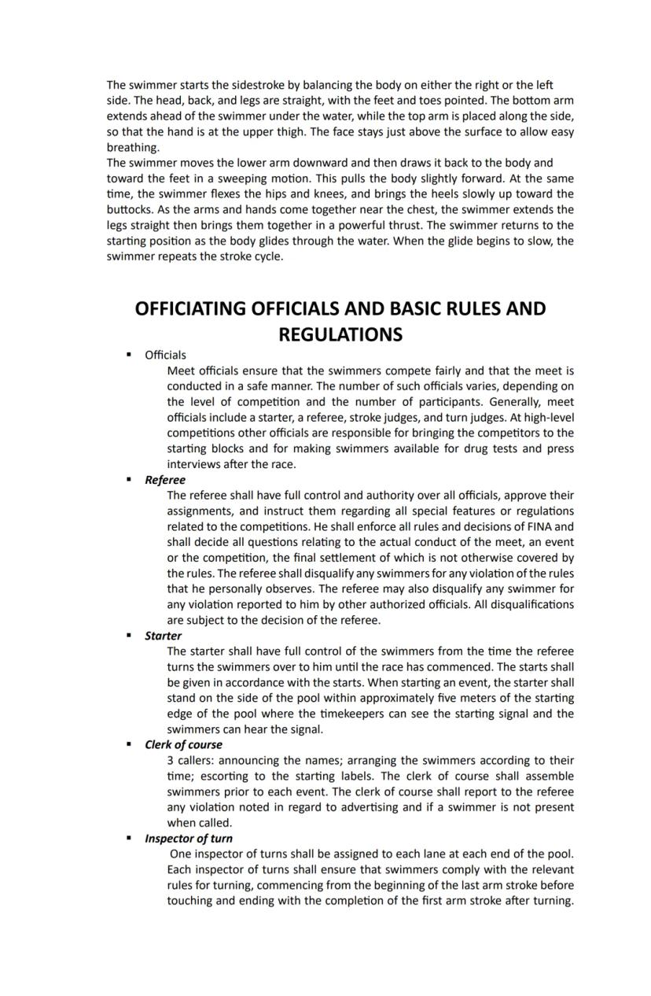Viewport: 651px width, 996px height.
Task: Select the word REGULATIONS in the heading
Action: pos(340,335)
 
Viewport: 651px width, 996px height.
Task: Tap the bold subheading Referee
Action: pos(165,480)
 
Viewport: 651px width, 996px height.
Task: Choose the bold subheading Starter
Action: pos(163,636)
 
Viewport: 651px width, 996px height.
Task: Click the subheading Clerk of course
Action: pos(183,745)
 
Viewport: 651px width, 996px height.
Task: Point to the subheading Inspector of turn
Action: pos(189,839)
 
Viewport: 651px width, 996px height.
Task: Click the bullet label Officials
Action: pos(165,356)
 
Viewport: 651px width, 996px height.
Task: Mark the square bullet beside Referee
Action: pos(129,480)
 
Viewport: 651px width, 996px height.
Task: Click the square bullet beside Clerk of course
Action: pos(129,745)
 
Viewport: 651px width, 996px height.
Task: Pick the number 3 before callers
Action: pos(171,761)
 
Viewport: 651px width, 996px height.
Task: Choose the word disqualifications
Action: pos(526,604)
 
